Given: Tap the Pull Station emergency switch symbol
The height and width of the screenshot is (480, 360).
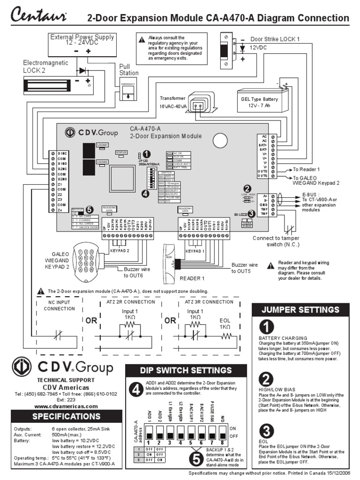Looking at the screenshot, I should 128,91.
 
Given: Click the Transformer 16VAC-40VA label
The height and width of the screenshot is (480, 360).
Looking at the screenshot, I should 173,103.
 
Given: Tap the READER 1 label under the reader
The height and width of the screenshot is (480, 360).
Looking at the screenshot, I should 193,278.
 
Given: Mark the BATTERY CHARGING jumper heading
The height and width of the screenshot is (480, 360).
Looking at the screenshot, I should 283,338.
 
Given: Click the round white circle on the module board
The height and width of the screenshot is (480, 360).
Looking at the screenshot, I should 219,140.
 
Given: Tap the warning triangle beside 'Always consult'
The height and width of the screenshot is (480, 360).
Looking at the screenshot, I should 142,40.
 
